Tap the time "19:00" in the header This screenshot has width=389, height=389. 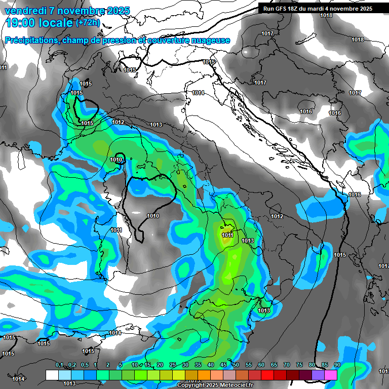pyautogui.click(x=21, y=23)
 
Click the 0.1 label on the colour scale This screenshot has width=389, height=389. pyautogui.click(x=59, y=365)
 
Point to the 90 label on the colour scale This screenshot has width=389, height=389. pyautogui.click(x=337, y=365)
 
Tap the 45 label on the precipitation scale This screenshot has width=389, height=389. pyautogui.click(x=223, y=365)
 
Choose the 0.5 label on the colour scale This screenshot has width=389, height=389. pyautogui.click(x=85, y=365)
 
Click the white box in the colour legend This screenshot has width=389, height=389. pyautogui.click(x=52, y=375)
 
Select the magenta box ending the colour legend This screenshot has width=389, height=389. pyautogui.click(x=331, y=375)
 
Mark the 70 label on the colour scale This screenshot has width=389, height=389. pyautogui.click(x=287, y=365)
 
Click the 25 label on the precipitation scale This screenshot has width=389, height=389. pyautogui.click(x=173, y=365)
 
